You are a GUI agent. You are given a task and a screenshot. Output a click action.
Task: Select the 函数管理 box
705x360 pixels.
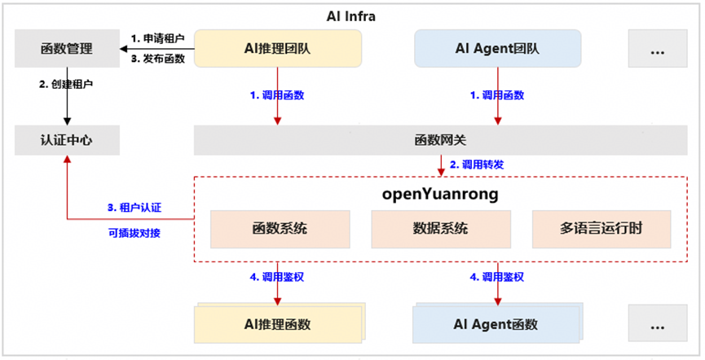tap(66, 49)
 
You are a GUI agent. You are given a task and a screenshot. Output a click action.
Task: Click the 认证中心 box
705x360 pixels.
tap(66, 139)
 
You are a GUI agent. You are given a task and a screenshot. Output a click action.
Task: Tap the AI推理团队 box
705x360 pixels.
tap(278, 49)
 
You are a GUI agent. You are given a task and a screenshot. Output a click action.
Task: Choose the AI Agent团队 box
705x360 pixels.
tap(498, 49)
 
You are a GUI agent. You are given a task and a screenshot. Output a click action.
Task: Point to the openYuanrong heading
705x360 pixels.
tap(440, 195)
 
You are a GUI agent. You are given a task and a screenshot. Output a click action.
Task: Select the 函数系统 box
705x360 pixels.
tap(278, 229)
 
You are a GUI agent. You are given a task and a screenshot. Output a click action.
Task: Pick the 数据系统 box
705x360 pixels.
tap(440, 229)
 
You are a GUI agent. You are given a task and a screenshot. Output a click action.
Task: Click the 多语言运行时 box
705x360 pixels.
tap(601, 229)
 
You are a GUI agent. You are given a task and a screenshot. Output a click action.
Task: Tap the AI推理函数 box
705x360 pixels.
tap(276, 324)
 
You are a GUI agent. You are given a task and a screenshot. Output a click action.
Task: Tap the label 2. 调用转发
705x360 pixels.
tap(477, 165)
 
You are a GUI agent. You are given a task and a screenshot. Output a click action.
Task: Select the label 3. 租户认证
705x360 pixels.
tap(134, 208)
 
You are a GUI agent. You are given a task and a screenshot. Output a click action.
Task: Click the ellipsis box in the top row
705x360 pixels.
tap(657, 49)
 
